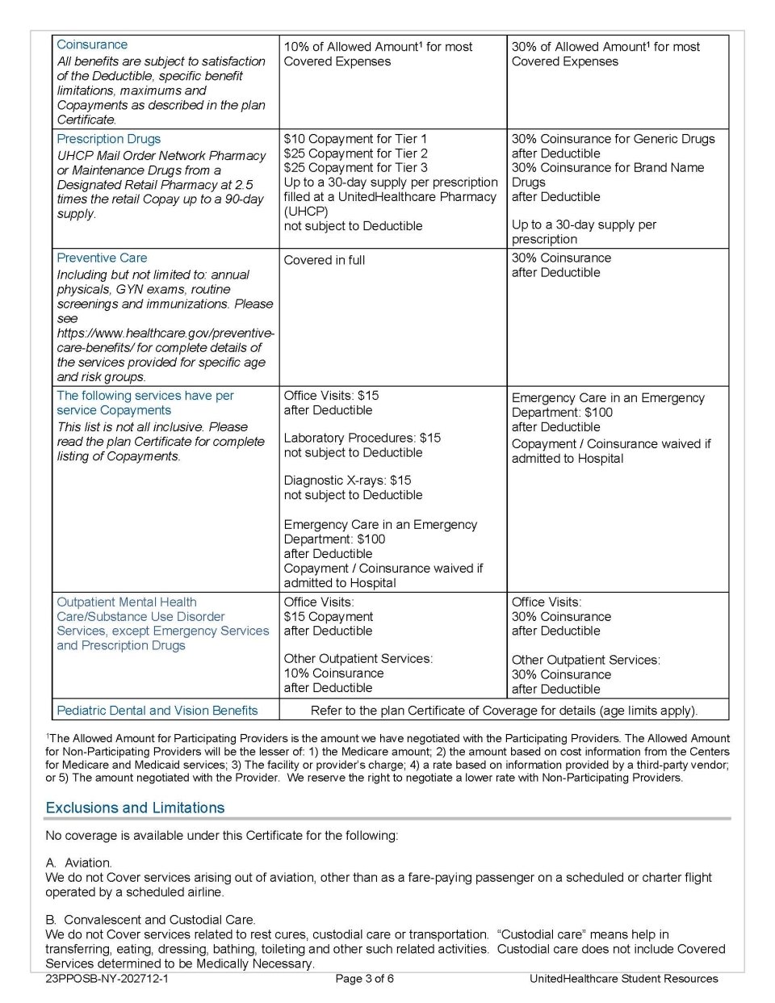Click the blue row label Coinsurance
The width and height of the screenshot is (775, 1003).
[92, 45]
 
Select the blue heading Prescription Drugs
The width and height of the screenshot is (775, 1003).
[108, 139]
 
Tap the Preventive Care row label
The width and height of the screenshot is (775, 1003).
[102, 258]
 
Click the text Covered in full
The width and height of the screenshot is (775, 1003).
[324, 260]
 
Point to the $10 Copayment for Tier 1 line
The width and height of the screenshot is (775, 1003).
[355, 139]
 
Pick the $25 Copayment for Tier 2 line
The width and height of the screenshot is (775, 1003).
[355, 153]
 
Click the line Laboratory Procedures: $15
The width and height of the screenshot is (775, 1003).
[362, 438]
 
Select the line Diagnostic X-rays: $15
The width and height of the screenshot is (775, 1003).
[347, 481]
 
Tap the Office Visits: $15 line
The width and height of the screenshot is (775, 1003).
[331, 396]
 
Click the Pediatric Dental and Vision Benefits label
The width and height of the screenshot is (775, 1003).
[157, 711]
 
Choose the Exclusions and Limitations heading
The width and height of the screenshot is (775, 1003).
[135, 808]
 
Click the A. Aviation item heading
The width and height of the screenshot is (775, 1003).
[78, 862]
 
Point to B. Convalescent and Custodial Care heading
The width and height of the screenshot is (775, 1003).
[150, 920]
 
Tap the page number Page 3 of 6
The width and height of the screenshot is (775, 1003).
[364, 979]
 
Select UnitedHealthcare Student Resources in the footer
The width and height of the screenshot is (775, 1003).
[623, 979]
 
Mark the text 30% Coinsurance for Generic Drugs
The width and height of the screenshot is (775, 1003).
[613, 139]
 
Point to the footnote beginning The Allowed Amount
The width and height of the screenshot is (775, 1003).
[387, 757]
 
